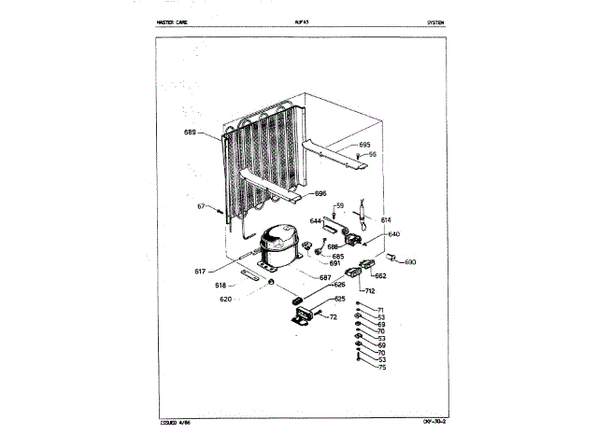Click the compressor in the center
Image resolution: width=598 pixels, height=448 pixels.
tap(279, 245)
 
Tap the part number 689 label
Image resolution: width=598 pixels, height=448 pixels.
tap(190, 133)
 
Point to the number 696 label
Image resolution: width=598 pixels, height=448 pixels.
tap(320, 194)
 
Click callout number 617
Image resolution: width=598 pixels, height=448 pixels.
tap(200, 271)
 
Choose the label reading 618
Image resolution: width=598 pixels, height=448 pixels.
tap(221, 285)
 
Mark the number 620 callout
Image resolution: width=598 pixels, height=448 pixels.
tap(225, 299)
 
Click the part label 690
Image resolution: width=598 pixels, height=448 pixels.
tap(411, 262)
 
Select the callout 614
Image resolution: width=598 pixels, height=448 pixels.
tap(385, 219)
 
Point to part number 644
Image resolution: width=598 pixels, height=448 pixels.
tap(316, 221)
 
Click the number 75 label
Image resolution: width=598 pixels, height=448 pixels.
tap(380, 369)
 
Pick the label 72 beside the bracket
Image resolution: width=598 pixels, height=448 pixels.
tap(331, 318)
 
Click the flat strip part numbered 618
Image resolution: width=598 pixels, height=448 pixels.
tap(250, 274)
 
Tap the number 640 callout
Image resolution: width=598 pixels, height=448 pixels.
tap(393, 234)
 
